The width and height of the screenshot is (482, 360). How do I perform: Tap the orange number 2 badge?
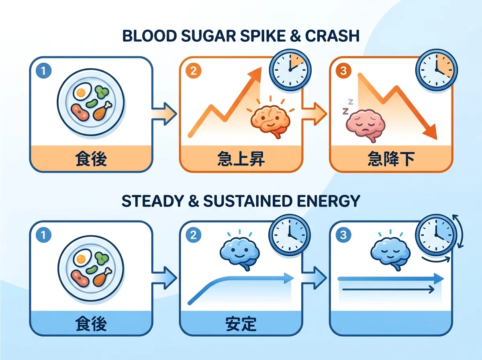point(194,71)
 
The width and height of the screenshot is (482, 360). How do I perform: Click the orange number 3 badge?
point(343,71)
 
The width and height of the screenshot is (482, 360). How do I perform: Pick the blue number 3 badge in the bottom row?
point(343,235)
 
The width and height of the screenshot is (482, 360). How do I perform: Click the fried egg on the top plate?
point(82,91)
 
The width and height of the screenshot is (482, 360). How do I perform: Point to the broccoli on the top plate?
point(102,92)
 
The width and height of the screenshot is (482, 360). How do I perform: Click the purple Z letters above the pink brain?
point(347,107)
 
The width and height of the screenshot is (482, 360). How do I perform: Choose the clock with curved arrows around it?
point(437,235)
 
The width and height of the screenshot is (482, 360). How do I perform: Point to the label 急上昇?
point(241,159)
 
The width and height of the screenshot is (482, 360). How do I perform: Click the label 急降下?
point(391,159)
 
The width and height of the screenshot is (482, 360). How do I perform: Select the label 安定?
point(241,324)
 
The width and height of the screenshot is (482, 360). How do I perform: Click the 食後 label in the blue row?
point(91,324)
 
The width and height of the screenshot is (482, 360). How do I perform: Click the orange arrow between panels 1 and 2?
point(164,114)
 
